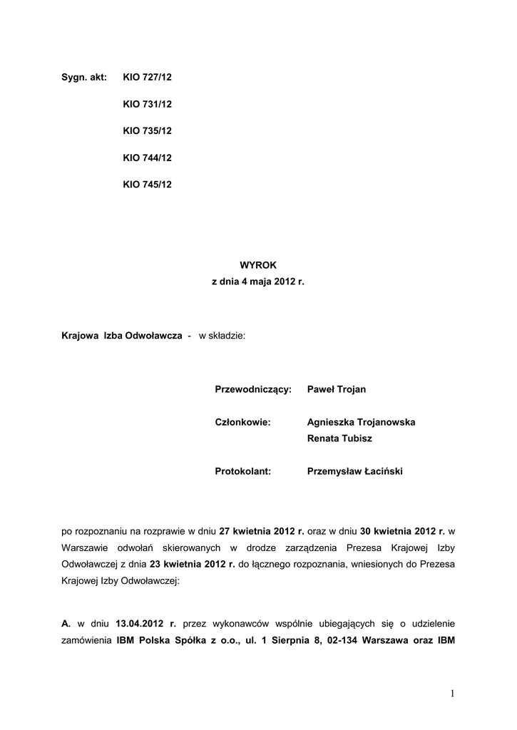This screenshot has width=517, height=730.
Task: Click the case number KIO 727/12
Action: click(x=147, y=77)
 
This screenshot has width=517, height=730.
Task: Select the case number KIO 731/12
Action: click(x=147, y=104)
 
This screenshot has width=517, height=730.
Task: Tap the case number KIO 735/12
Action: click(x=147, y=130)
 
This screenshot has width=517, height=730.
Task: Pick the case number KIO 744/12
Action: click(x=147, y=158)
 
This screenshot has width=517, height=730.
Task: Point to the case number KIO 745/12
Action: click(x=147, y=184)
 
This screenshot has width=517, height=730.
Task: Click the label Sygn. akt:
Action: click(x=83, y=77)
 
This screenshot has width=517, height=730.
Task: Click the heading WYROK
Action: click(x=257, y=264)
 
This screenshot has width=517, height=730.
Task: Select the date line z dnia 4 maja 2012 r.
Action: click(x=257, y=282)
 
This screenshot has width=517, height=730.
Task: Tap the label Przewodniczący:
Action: click(x=253, y=389)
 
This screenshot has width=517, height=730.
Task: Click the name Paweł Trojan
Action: click(x=336, y=389)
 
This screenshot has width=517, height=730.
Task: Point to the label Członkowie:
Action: click(x=242, y=422)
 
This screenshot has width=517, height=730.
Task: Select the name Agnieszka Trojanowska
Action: click(x=361, y=422)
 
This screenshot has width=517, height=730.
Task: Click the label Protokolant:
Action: click(x=243, y=471)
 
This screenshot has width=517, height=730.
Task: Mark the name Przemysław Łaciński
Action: click(x=354, y=471)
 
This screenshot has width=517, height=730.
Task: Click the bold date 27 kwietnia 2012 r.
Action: click(x=262, y=531)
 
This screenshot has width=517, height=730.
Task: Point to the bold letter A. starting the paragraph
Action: click(x=66, y=623)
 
